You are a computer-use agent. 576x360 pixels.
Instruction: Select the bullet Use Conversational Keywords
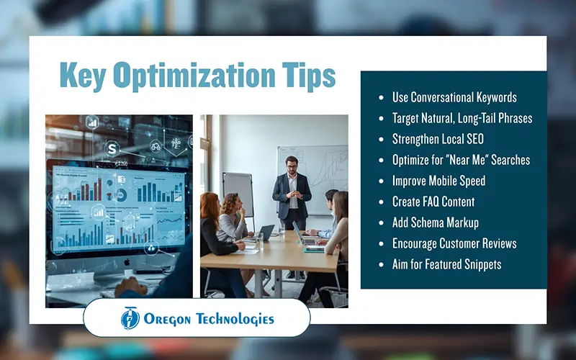454,97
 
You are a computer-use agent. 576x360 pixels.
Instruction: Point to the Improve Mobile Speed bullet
438,181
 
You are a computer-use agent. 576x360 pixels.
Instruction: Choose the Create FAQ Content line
433,202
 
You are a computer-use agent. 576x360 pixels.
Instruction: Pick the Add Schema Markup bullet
435,222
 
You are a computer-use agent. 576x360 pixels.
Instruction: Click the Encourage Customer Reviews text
454,243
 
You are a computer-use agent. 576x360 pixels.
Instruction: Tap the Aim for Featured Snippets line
446,264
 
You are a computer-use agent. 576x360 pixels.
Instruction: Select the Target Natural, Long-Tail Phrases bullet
462,118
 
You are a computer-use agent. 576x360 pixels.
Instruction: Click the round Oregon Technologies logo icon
130,318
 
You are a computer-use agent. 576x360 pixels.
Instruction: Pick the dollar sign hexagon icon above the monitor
112,148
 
